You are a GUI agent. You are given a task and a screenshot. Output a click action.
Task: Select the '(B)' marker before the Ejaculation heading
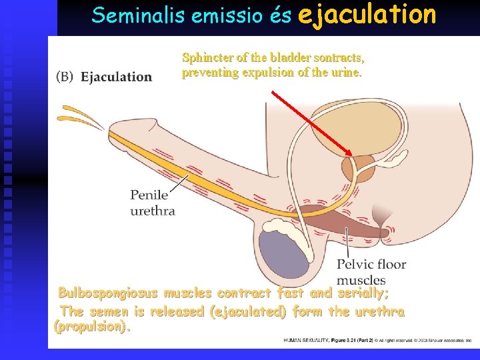pos(65,76)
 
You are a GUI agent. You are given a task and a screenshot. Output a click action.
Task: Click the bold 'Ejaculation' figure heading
pos(117,77)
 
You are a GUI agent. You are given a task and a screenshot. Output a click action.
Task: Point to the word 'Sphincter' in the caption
pos(206,58)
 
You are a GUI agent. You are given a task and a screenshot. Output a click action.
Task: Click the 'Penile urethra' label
pos(153,203)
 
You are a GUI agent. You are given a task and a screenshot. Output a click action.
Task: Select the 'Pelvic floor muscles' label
pos(371,272)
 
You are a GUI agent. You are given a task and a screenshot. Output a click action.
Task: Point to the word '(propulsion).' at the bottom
pos(93,327)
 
